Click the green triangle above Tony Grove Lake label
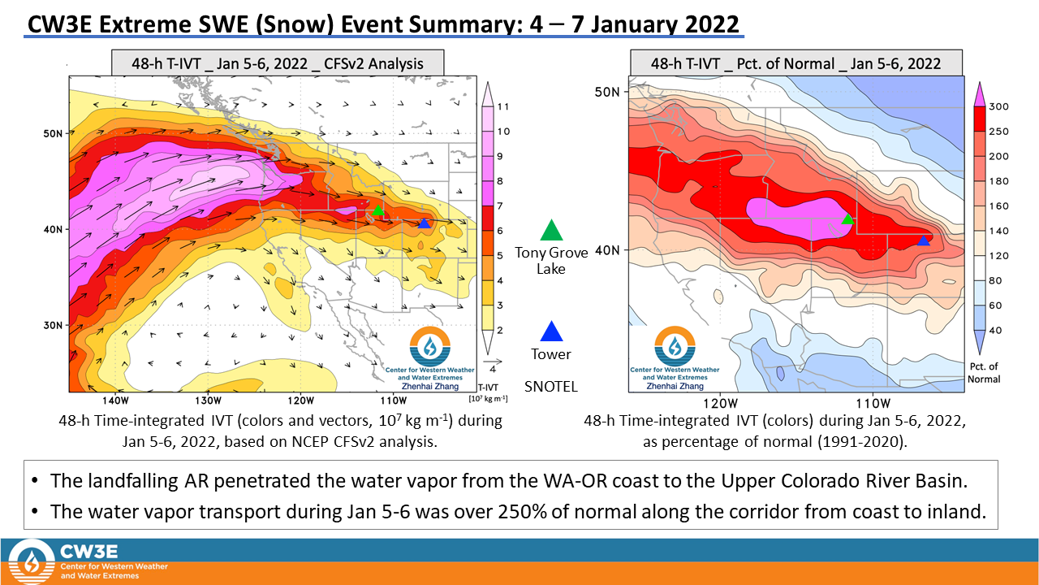(551, 231)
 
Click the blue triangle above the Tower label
(551, 332)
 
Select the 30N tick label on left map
(52, 325)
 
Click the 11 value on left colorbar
(502, 106)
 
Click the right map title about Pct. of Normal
(796, 63)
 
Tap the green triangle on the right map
(847, 219)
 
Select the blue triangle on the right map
(923, 240)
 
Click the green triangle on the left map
(377, 210)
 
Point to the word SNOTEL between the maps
(551, 387)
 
